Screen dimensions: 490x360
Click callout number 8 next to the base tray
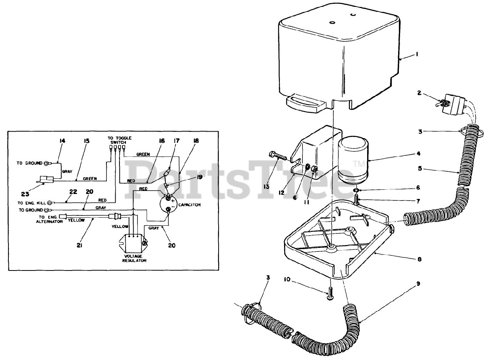(x=420, y=259)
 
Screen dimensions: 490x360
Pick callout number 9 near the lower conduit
(x=418, y=284)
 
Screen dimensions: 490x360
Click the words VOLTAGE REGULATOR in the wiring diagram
(x=135, y=258)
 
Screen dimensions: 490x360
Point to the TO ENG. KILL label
(x=32, y=203)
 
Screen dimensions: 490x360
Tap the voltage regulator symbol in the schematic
(x=132, y=242)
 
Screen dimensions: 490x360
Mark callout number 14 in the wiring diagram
(x=62, y=141)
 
